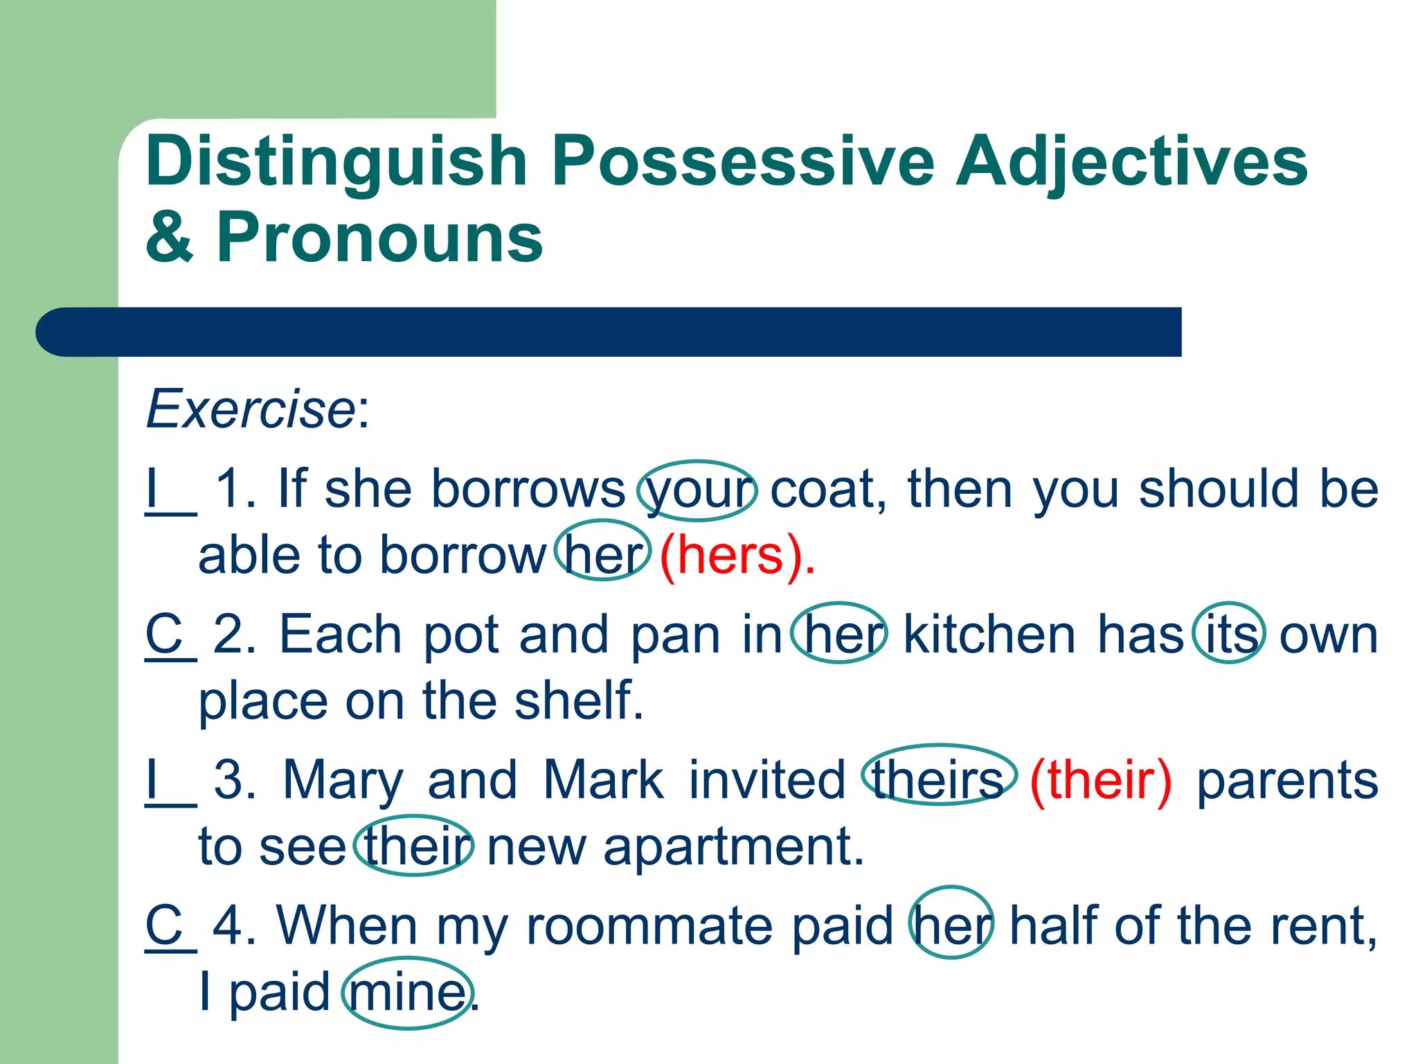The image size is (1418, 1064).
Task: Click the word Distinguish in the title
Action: pos(336,163)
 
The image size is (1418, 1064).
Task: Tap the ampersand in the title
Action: pos(169,238)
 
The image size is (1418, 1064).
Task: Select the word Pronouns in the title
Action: pos(379,238)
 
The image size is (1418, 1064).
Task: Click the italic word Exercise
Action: pos(251,409)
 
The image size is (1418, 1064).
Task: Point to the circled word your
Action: pos(698,490)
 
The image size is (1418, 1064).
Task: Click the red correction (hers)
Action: pos(737,556)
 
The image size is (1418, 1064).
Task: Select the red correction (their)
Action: pos(1101,780)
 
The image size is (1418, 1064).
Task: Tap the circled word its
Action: pos(1230,633)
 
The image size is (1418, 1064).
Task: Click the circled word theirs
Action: pos(938,779)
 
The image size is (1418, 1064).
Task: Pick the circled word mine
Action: pos(408,993)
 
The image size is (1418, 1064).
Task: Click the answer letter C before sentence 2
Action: pos(164,634)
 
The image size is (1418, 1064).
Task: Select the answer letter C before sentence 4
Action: pos(164,925)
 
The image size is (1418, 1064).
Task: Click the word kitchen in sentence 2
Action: pos(989,634)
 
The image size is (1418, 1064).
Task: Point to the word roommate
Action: pos(649,926)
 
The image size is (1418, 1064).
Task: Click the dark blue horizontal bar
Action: pos(609,332)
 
